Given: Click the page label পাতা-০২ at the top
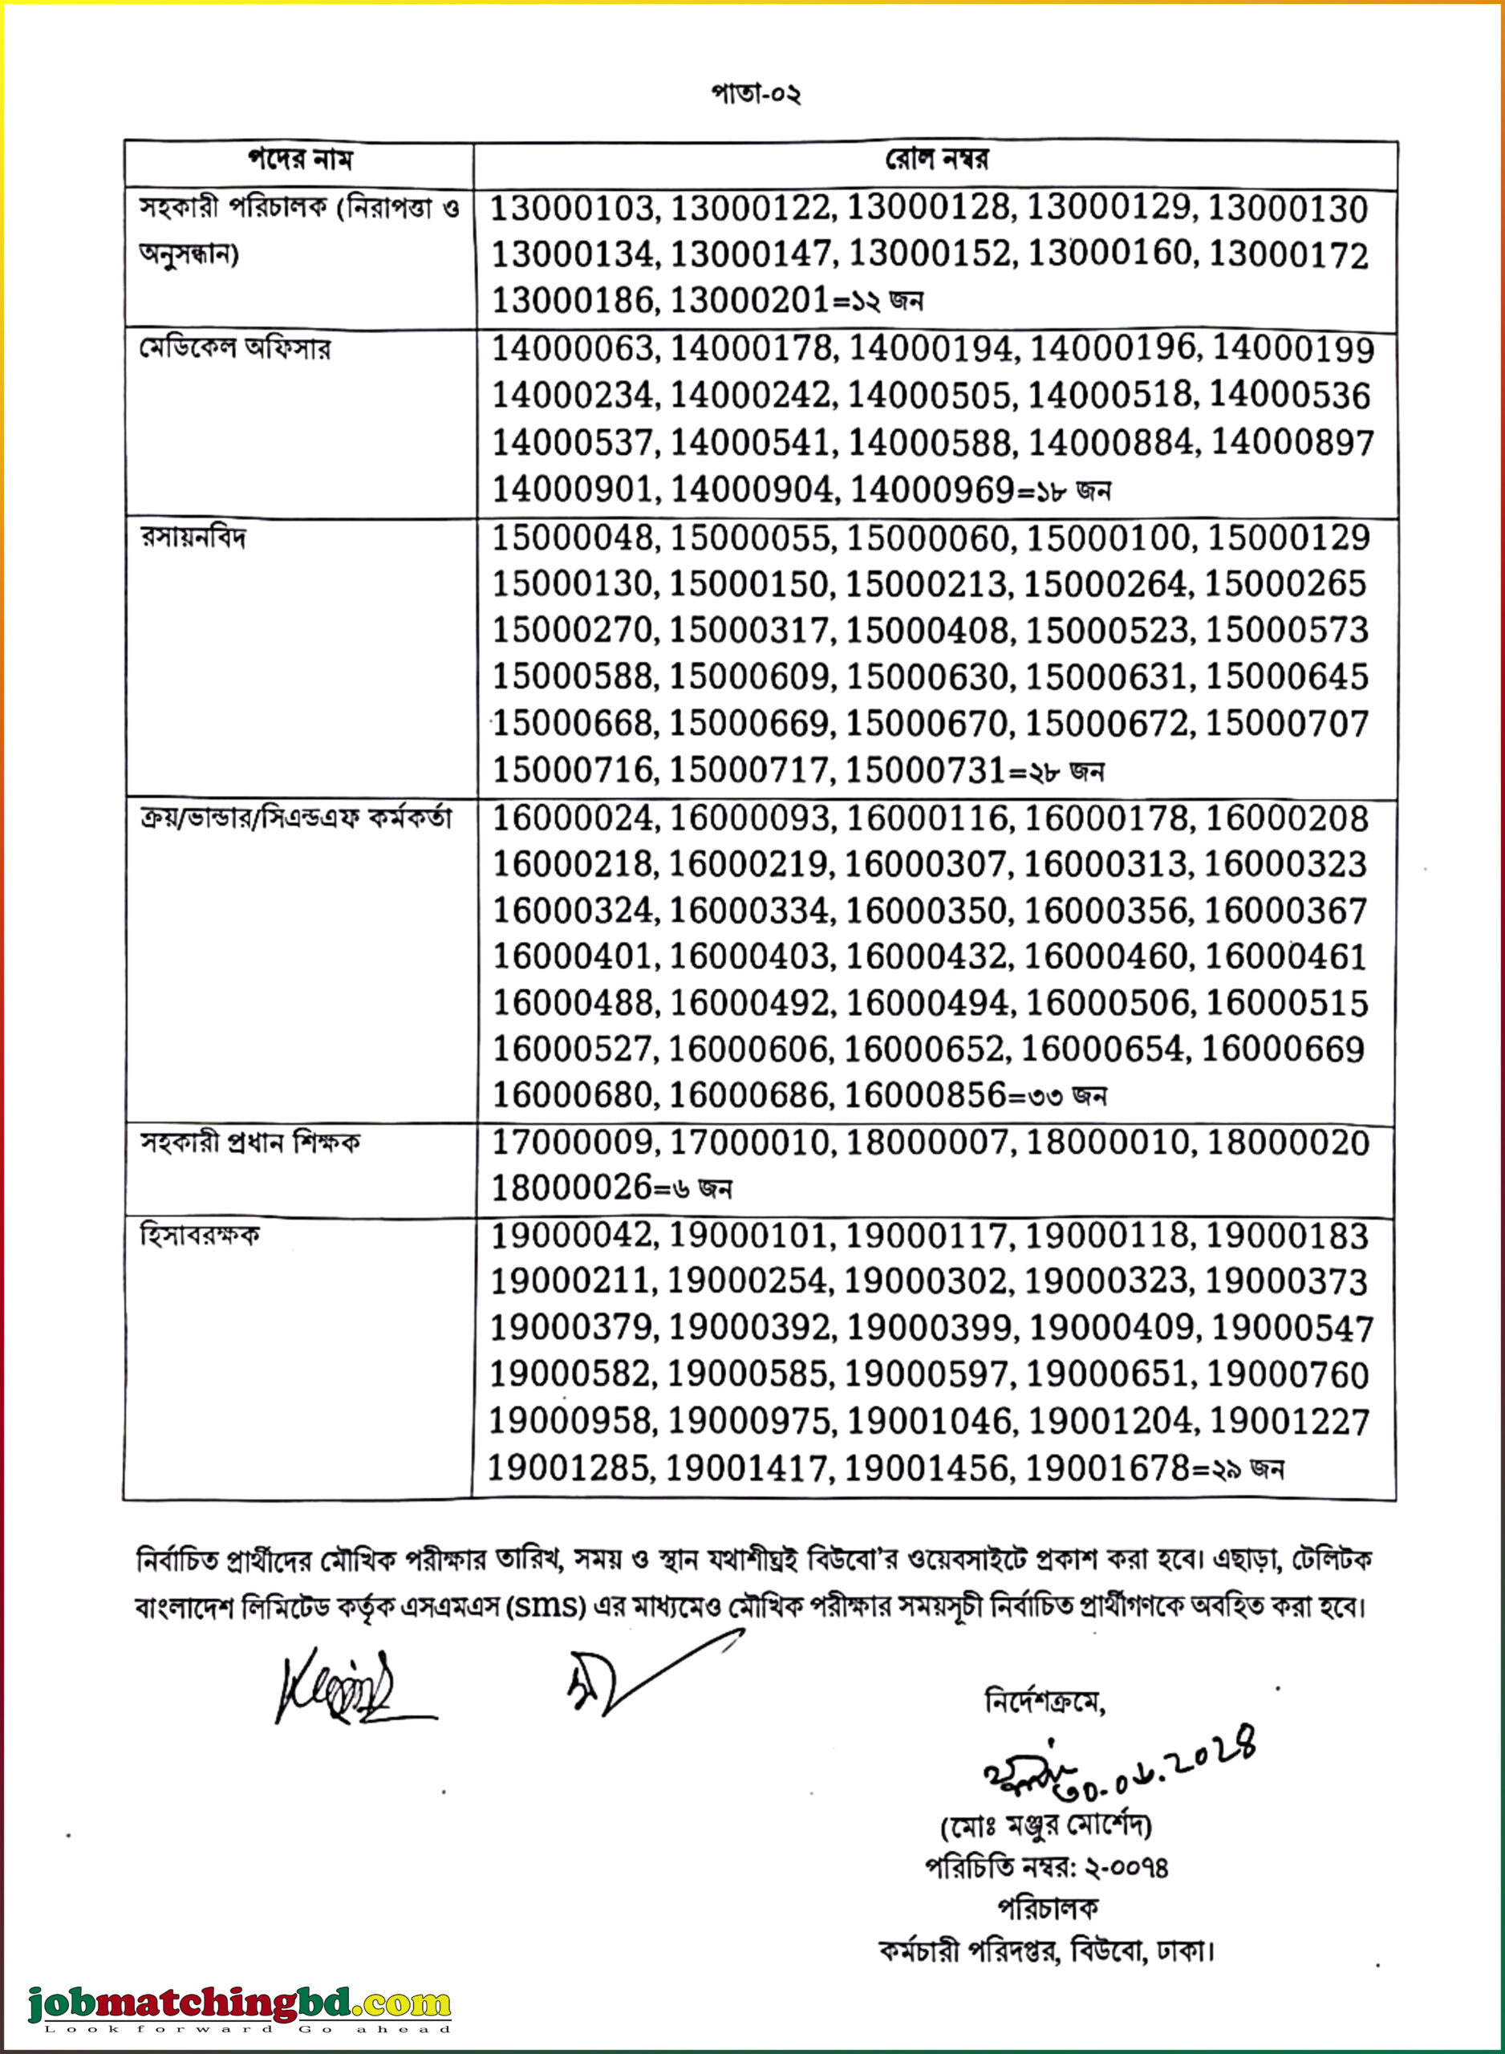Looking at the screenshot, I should (755, 94).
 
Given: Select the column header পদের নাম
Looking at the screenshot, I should (300, 160).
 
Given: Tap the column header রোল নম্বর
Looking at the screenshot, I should (936, 160).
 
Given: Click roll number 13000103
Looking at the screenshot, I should (572, 209).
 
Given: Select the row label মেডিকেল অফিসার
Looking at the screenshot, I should (234, 348).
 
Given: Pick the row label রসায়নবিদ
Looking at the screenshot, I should (193, 538).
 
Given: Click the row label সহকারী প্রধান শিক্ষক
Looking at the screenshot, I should (249, 1143).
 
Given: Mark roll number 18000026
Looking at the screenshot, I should (571, 1187).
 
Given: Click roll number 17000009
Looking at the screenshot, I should (571, 1143).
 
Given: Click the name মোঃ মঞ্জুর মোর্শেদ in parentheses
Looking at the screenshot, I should (1046, 1825).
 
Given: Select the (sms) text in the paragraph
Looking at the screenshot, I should (546, 1605).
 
